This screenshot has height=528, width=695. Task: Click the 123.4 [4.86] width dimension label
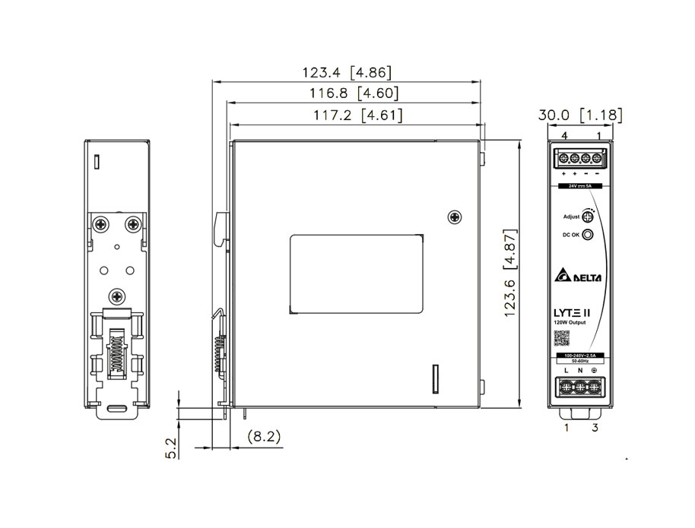point(347,73)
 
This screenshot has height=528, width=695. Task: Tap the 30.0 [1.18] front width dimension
point(580,115)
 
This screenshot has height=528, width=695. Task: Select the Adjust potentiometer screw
point(588,217)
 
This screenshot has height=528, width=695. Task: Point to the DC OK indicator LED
point(587,236)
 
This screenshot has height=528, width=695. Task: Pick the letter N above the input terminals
point(580,370)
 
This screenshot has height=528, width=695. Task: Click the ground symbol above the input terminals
point(594,370)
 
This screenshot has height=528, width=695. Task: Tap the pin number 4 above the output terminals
point(564,135)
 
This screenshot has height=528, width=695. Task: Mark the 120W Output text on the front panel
point(570,325)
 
